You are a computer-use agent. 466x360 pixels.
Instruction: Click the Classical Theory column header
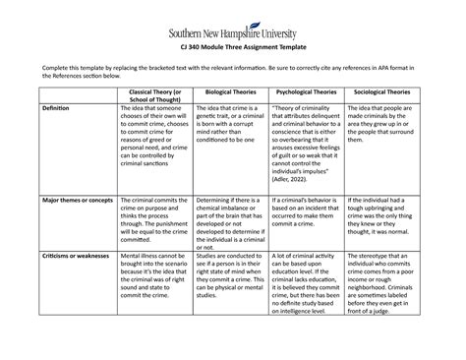pyautogui.click(x=150, y=97)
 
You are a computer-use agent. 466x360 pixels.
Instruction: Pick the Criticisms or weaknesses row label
pyautogui.click(x=72, y=256)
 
